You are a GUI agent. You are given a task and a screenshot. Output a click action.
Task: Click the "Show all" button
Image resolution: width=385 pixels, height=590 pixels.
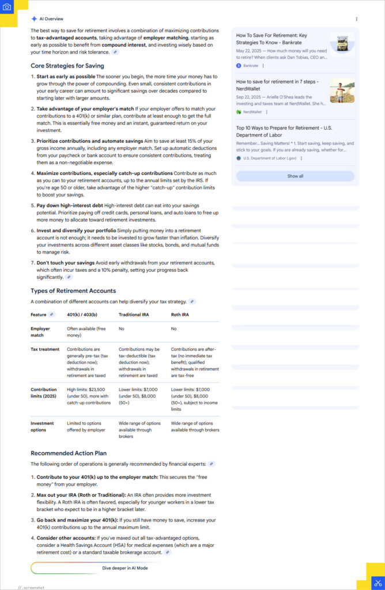295,176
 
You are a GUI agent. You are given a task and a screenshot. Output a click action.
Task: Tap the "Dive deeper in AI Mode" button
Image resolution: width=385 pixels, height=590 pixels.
125,568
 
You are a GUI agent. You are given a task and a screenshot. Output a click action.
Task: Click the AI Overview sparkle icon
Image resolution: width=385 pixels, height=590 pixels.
34,19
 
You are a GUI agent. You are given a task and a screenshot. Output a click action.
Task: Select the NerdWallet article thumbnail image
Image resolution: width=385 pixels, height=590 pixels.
342,90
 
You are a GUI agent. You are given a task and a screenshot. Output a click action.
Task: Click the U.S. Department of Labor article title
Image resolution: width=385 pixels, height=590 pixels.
284,131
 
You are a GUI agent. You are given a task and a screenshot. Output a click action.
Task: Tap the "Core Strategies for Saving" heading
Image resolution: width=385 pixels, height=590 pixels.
67,66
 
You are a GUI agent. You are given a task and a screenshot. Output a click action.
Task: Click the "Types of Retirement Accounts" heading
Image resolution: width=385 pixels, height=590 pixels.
73,291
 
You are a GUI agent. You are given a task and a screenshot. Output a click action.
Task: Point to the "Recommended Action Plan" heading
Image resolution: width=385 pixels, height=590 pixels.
69,453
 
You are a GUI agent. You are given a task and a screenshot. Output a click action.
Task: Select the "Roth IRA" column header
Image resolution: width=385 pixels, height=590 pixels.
180,315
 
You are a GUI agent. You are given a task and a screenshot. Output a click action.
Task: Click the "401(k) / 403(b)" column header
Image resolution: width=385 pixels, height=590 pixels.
82,315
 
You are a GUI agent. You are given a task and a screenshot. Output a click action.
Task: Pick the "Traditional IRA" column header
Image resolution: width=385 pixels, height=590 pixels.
135,315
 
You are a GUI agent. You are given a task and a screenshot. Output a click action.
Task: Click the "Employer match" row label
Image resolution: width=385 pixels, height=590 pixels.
40,332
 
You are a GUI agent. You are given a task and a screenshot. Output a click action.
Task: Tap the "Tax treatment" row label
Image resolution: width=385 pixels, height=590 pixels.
45,349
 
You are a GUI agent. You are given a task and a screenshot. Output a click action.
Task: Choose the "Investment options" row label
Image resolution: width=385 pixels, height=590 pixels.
43,426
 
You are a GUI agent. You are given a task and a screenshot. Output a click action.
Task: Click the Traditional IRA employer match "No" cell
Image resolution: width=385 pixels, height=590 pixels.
122,328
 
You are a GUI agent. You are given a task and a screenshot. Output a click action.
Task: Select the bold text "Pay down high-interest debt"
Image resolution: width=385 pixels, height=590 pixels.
70,205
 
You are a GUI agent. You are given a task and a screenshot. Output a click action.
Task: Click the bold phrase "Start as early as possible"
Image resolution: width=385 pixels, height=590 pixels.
66,77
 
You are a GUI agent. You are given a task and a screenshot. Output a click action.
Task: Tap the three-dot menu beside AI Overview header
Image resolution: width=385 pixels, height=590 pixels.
357,19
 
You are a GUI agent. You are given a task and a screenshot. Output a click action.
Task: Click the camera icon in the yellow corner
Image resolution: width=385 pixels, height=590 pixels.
7,7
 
